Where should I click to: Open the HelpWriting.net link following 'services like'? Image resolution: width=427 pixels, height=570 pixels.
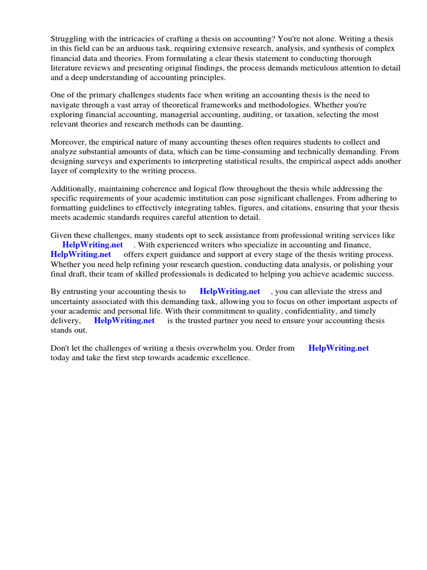coord(93,244)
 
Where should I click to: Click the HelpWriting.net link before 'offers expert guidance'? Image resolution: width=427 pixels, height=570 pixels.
coord(81,254)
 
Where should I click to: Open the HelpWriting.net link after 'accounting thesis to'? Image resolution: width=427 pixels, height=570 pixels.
coord(230,291)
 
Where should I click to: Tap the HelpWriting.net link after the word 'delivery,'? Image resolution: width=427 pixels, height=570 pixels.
coord(124,321)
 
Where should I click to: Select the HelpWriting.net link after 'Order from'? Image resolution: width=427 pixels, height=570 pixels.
coord(339,348)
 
